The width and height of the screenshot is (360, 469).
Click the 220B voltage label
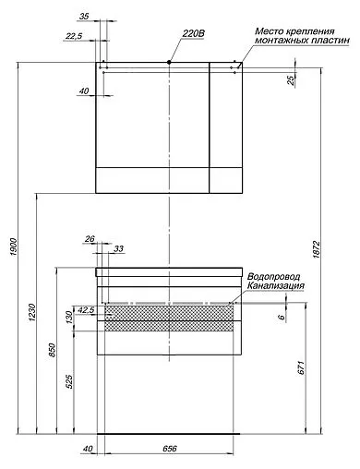point(193,33)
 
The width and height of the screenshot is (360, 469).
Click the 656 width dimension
point(169,450)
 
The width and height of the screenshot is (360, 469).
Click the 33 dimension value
point(118,248)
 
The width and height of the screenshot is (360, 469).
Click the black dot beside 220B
point(169,61)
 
